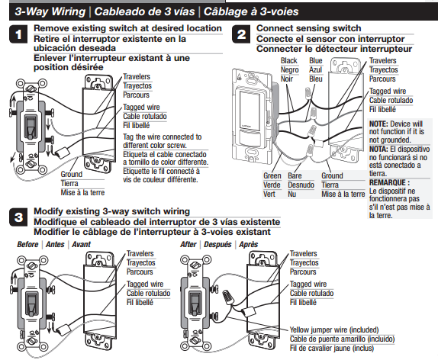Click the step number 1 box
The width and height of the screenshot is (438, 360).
[x=18, y=35]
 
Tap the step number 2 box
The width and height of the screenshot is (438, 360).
[x=241, y=35]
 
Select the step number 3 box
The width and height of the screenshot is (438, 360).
[x=18, y=217]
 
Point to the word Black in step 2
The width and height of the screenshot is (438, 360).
[x=289, y=60]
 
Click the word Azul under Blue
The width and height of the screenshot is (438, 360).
[x=315, y=69]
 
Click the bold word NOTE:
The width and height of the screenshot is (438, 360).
[x=380, y=124]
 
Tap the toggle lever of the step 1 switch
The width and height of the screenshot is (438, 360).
[x=31, y=127]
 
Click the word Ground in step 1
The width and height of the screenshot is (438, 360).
[x=71, y=175]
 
